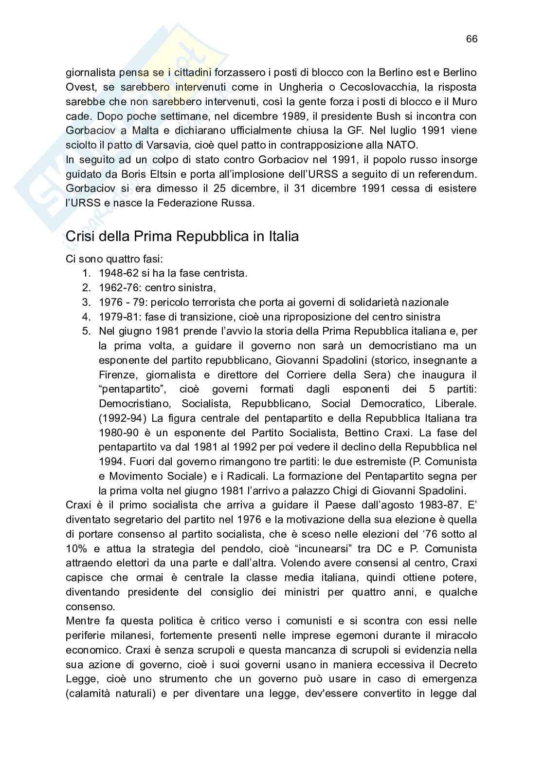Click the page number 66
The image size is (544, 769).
[471, 39]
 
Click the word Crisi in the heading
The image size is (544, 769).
[80, 237]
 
